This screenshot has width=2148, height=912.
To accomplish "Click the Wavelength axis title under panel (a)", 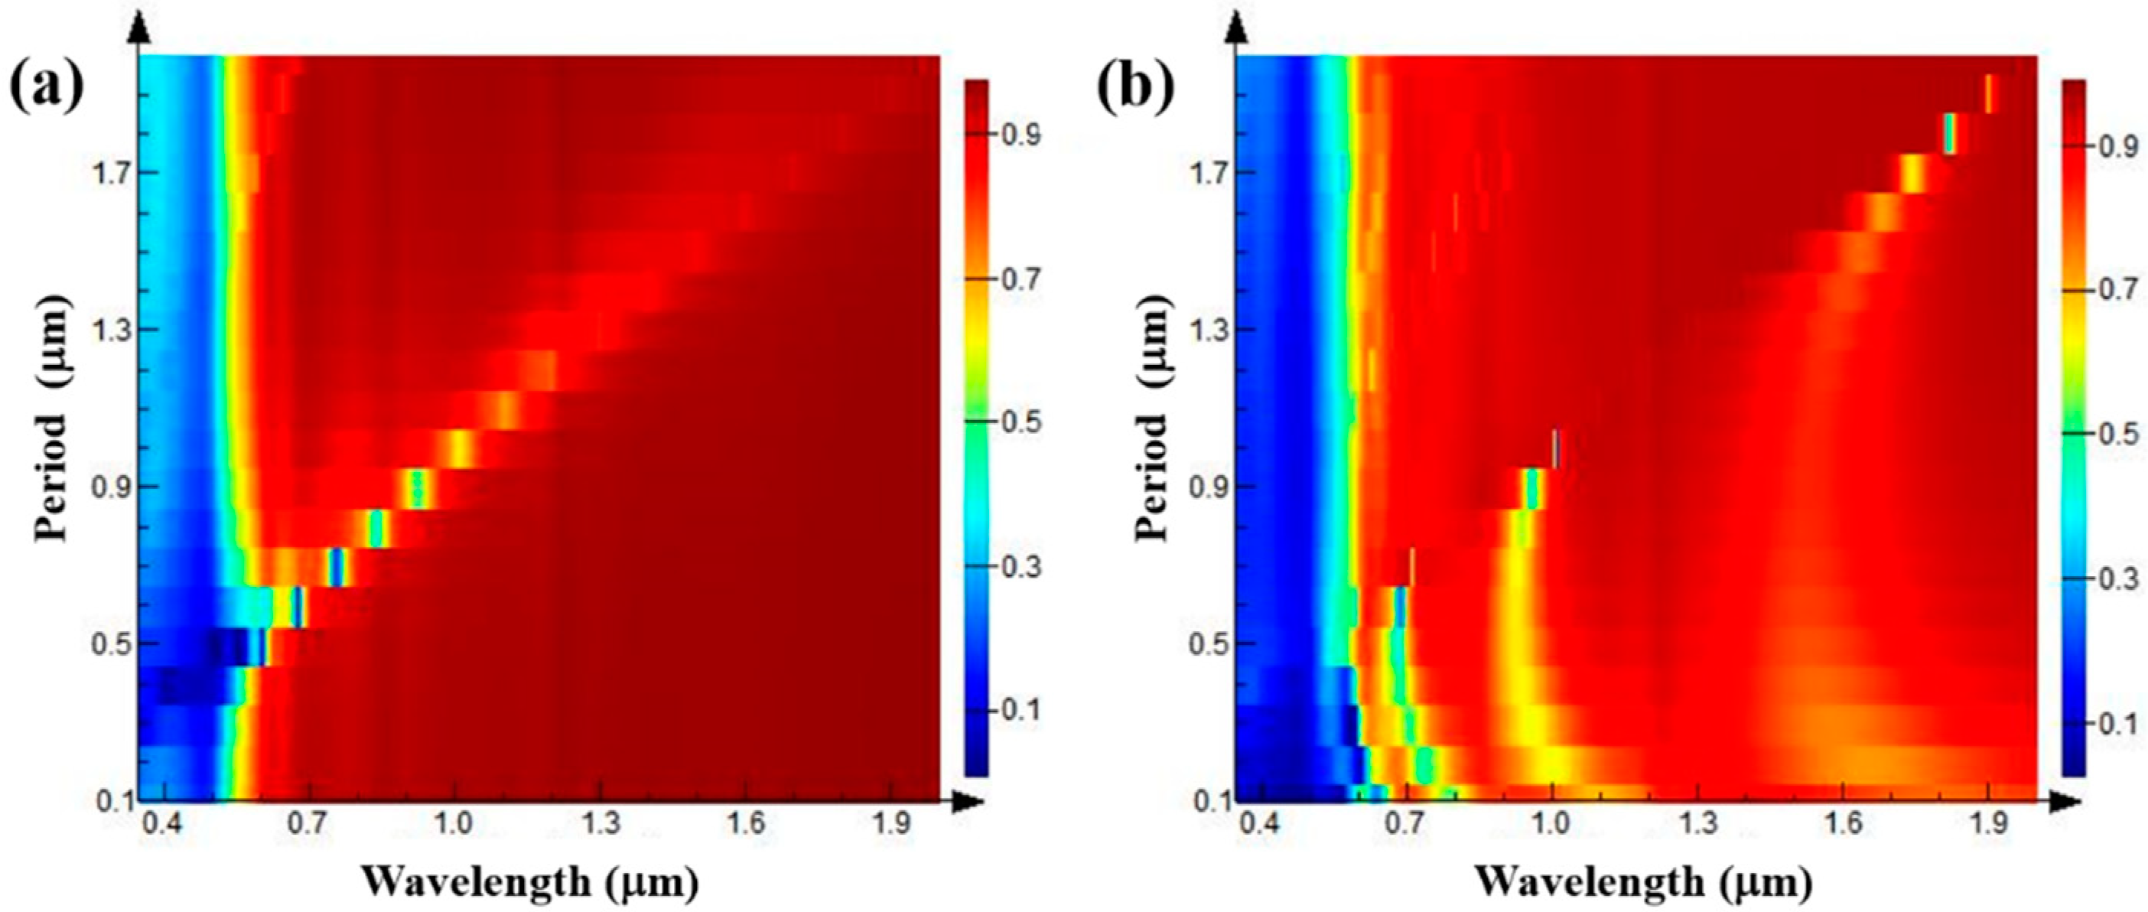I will [x=530, y=881].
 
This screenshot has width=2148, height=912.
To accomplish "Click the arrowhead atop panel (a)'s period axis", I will [x=140, y=31].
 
